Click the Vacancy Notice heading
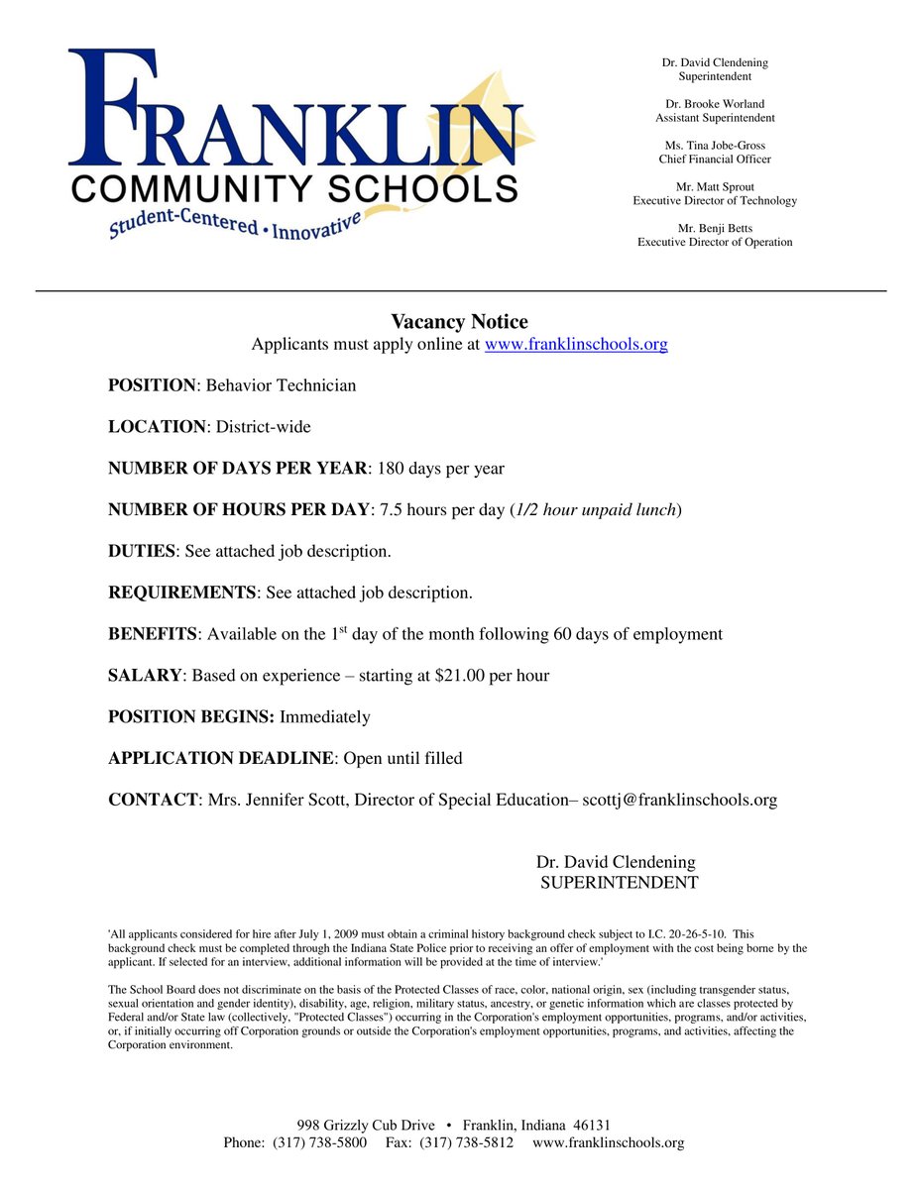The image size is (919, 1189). pyautogui.click(x=459, y=322)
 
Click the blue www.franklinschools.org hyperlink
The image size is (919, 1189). pyautogui.click(x=575, y=345)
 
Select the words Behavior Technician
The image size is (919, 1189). pyautogui.click(x=281, y=385)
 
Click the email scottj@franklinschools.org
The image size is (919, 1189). pyautogui.click(x=679, y=800)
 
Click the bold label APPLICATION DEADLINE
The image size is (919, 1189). pyautogui.click(x=219, y=758)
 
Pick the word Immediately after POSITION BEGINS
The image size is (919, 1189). pyautogui.click(x=325, y=716)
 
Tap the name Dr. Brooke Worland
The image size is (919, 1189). pyautogui.click(x=715, y=104)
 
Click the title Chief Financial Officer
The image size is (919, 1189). pyautogui.click(x=715, y=159)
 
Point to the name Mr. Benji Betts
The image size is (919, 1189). pyautogui.click(x=715, y=228)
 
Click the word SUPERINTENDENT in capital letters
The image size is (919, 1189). pyautogui.click(x=619, y=883)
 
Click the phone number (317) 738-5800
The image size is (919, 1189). pyautogui.click(x=319, y=1143)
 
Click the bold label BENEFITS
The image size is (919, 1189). pyautogui.click(x=153, y=634)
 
